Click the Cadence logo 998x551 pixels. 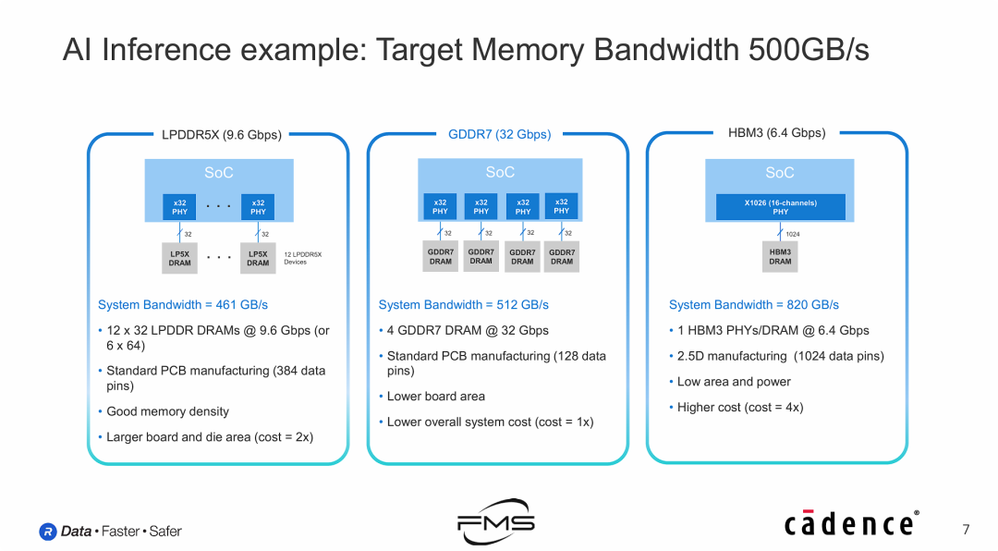point(851,523)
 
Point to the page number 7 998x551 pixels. point(966,530)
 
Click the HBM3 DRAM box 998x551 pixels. point(780,256)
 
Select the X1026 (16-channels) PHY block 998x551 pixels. point(780,207)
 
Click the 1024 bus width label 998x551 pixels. point(792,234)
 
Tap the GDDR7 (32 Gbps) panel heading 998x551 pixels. point(499,134)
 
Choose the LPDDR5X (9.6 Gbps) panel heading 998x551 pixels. point(221,134)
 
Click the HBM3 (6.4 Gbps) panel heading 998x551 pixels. point(776,133)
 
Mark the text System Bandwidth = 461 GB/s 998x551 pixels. point(183,304)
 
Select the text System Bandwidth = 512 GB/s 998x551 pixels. point(463,304)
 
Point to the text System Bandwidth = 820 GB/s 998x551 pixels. point(753,304)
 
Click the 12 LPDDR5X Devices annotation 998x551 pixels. point(302,258)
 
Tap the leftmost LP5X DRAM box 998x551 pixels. point(180,258)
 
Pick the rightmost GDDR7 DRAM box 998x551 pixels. point(562,256)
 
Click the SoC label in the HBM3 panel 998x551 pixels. point(779,173)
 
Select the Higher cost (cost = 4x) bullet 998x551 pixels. point(739,407)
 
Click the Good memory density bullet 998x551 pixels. point(167,411)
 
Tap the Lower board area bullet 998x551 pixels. point(435,396)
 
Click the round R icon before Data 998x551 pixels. point(48,532)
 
